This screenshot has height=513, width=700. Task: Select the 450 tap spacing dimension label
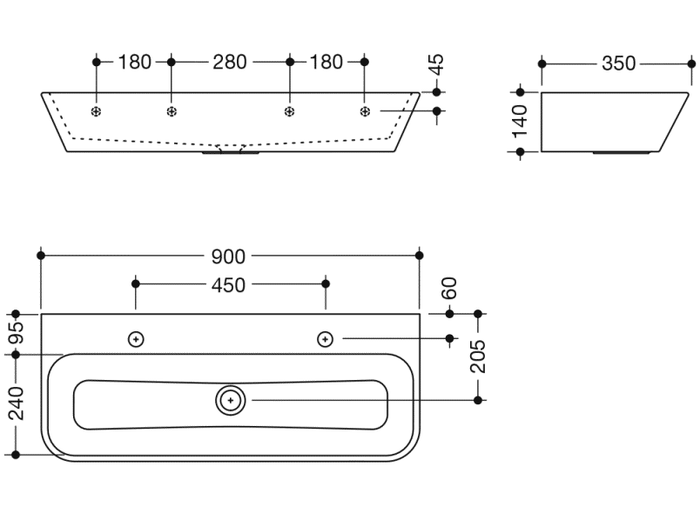[x=230, y=284]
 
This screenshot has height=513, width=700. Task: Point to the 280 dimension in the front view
[x=230, y=62]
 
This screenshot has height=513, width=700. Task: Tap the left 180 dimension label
[x=134, y=62]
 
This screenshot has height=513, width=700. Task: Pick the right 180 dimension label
[x=326, y=62]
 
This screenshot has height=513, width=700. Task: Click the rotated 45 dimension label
[x=437, y=65]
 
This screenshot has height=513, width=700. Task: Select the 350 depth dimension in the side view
[x=617, y=63]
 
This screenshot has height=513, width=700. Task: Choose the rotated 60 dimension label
[x=449, y=287]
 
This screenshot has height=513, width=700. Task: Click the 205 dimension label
[x=478, y=356]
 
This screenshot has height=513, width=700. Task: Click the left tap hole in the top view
[x=135, y=338]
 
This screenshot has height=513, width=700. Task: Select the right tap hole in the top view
[x=326, y=338]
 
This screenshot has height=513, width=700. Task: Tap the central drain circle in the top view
[x=231, y=400]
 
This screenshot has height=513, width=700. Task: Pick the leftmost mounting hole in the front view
[x=97, y=111]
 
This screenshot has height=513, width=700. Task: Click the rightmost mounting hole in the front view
[x=365, y=111]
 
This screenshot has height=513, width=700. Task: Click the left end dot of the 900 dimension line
[x=41, y=255]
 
